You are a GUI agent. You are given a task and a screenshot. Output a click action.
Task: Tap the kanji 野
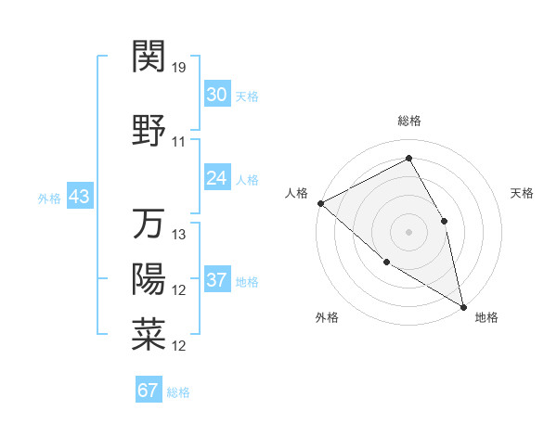pos(149,131)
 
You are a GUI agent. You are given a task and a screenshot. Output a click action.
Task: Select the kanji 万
pos(149,224)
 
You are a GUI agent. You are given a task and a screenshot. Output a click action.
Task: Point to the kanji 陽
pos(149,279)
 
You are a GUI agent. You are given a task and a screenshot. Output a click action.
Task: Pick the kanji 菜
pos(149,335)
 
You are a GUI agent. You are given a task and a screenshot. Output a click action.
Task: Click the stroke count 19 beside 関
pos(180,67)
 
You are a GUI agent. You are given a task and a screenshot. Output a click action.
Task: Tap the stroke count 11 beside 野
pos(179,142)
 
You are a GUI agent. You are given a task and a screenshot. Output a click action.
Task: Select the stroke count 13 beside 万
pos(180,235)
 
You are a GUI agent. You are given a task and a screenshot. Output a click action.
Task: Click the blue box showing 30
pos(217,94)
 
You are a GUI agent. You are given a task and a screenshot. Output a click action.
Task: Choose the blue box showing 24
pos(217,178)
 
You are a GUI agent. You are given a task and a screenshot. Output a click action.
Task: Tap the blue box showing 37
pos(217,280)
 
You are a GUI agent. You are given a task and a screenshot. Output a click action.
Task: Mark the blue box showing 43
pos(79,197)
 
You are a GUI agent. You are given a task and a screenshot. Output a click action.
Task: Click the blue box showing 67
pos(149,390)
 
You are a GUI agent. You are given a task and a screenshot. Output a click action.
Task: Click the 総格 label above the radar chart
pos(409,121)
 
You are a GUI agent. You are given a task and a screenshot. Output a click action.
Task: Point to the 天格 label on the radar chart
pos(522,193)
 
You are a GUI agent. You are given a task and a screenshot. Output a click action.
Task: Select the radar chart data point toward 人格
pos(320,203)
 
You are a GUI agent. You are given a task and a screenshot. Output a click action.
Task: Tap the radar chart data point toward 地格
pos(463,305)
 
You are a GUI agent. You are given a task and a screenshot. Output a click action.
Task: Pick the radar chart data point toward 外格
pos(387,262)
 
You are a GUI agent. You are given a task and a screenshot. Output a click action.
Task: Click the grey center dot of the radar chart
pos(408,232)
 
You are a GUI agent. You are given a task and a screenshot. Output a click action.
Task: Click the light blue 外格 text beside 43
pos(49,198)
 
